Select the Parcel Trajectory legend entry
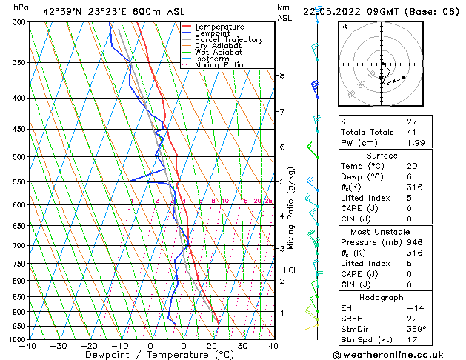tap(228, 40)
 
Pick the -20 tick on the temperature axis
tap(89, 346)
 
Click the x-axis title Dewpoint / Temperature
tap(150, 356)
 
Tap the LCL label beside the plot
tap(290, 270)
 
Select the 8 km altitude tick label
tap(282, 76)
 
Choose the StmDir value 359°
tap(417, 329)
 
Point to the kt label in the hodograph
tap(344, 26)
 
